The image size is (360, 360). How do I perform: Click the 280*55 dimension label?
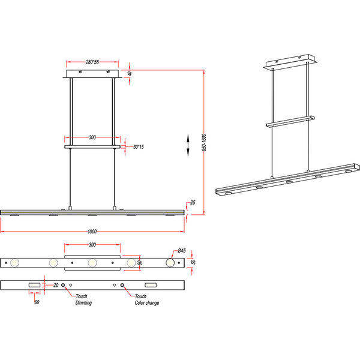(92, 61)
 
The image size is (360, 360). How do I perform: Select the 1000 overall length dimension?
(92, 231)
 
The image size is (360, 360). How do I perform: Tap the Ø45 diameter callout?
(180, 251)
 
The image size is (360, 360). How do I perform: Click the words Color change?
(147, 303)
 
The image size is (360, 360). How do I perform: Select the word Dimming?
(83, 303)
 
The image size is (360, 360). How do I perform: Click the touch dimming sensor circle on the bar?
(64, 285)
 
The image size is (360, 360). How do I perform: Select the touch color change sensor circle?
(123, 285)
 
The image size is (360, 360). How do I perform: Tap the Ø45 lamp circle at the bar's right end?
(170, 263)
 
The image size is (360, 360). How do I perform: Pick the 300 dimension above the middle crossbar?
(92, 137)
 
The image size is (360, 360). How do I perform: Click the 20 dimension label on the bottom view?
(55, 285)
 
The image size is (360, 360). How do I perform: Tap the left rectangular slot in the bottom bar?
(34, 284)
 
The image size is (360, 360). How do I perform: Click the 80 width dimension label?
(140, 263)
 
